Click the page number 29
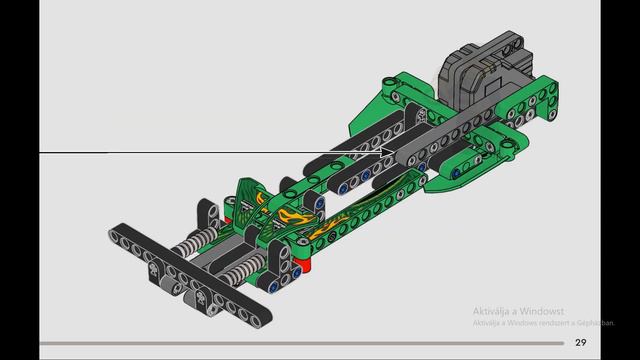click(581, 343)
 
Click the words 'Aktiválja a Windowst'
click(519, 311)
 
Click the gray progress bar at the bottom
click(300, 343)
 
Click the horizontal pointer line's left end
click(42, 153)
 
